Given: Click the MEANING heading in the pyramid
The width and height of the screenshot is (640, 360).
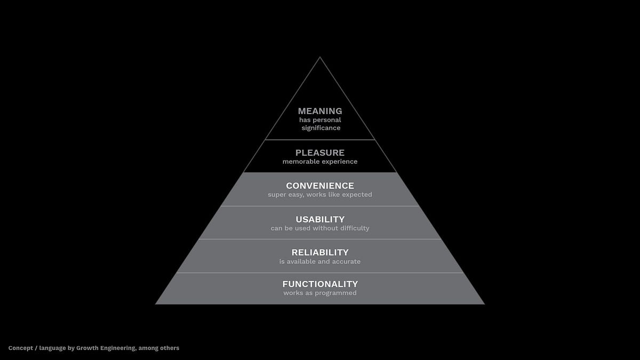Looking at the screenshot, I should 320,111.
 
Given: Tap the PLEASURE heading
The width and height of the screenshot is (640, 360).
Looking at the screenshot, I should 320,153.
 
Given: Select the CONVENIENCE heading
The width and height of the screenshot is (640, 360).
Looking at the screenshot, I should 320,186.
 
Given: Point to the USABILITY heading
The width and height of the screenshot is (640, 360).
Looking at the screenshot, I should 320,219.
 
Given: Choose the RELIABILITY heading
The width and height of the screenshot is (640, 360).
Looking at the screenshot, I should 320,252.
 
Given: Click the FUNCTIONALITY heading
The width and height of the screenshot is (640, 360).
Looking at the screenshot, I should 320,284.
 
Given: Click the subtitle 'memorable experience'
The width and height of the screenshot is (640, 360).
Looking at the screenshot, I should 320,162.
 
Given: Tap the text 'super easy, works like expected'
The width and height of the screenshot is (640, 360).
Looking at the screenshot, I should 320,195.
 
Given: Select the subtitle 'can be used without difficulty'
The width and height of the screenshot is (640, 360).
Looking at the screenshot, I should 320,228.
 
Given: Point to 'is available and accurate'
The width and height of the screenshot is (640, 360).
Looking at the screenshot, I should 320,261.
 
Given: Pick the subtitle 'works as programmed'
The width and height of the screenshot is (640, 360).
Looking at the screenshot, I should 320,293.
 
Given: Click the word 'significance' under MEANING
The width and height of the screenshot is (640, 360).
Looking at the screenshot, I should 321,128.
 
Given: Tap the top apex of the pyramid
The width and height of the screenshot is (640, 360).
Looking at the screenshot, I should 320,58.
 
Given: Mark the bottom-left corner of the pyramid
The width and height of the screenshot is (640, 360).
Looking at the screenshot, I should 156,303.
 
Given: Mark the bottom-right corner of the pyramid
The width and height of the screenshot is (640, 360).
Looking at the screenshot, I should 484,303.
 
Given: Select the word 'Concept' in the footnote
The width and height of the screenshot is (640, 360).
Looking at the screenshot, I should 20,348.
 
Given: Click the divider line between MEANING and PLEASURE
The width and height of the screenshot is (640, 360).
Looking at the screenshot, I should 320,140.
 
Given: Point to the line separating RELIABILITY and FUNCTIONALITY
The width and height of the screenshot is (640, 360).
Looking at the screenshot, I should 320,273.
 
